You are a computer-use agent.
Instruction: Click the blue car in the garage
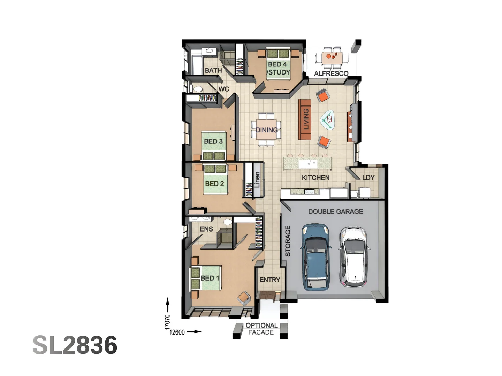315,257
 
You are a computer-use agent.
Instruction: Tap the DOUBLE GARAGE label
335,212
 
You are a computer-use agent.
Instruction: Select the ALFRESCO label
331,73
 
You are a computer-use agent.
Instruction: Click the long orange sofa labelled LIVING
305,119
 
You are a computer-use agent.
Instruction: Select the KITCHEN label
315,178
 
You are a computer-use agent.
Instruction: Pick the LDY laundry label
368,178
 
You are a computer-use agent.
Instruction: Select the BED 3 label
213,141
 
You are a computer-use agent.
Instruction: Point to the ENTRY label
270,280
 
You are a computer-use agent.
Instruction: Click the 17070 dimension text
167,322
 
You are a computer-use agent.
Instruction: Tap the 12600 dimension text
177,332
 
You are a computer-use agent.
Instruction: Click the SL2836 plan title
75,345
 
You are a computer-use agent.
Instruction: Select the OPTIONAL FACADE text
261,329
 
